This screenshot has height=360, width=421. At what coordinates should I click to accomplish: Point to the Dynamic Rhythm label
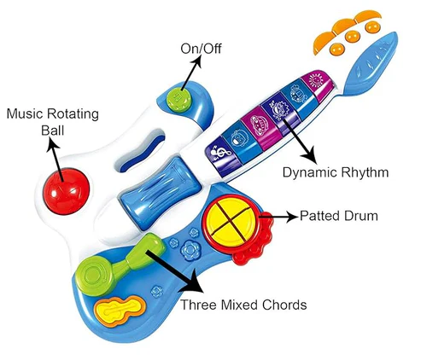click(336, 172)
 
